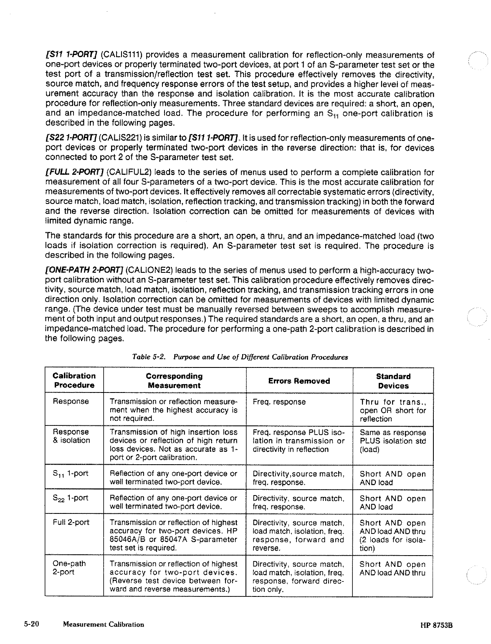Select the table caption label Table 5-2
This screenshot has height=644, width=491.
point(149,357)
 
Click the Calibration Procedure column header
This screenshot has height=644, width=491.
point(74,380)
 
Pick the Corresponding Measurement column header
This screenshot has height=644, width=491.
point(174,381)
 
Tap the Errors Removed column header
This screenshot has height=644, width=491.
point(299,381)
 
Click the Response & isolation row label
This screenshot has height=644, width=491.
point(71,436)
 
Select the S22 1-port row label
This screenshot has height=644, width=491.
point(71,498)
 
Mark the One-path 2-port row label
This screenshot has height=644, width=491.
point(69,568)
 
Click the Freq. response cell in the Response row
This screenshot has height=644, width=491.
point(279,402)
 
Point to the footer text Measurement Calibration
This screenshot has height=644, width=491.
point(103,624)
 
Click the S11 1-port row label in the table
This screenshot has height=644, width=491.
point(71,474)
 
